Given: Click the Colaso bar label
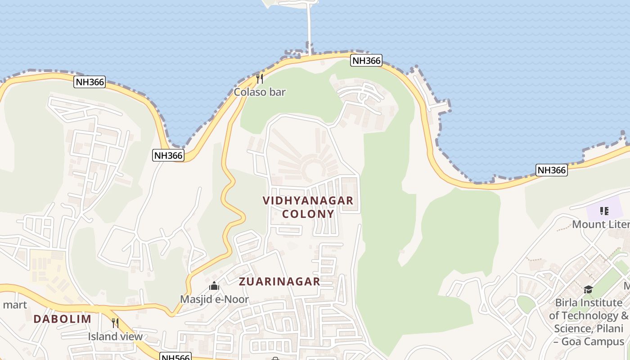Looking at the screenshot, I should click(260, 92).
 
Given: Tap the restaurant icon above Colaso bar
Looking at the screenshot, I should click(260, 79).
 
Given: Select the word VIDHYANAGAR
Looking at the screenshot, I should click(308, 201).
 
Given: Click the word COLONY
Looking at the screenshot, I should click(308, 214).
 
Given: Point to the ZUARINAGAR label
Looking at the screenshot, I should click(279, 282).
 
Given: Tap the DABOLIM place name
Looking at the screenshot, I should click(62, 319).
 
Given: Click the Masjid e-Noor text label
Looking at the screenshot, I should click(214, 299).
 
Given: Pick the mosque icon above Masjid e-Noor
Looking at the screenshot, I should click(214, 286).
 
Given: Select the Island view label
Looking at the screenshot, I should click(115, 336).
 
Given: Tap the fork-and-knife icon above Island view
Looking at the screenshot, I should click(115, 323).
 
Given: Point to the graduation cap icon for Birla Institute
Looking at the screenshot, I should click(588, 289).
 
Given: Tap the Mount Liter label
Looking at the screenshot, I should click(600, 225).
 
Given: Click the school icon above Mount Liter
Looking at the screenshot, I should click(604, 211).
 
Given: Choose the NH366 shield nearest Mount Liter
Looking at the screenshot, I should click(552, 170).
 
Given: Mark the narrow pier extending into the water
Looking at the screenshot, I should click(309, 27).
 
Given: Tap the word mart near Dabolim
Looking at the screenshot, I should click(15, 305).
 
